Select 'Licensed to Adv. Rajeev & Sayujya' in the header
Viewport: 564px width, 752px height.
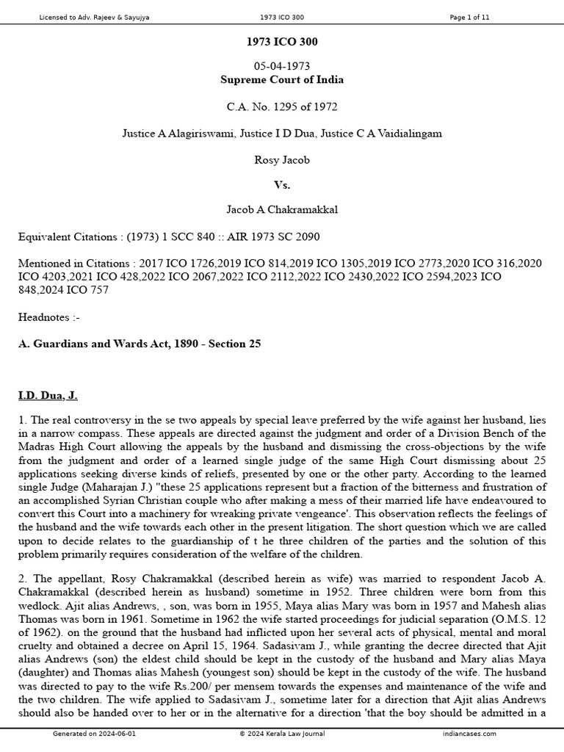pos(94,18)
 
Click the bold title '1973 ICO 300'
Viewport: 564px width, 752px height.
pos(282,42)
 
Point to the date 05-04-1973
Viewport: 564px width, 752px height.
pos(282,67)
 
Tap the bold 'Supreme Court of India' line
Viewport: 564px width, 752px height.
pos(282,80)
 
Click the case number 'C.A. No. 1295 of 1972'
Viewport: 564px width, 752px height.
pos(282,107)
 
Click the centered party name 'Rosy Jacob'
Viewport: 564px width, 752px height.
pos(282,160)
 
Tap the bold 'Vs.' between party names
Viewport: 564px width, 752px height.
pos(282,185)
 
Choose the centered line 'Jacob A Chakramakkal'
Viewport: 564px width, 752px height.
pos(282,211)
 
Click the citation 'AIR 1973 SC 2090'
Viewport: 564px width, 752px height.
pos(278,236)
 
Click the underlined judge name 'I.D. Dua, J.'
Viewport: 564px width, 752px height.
pos(48,396)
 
